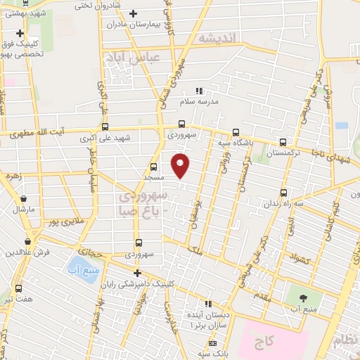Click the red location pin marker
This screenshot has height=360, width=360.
[x=181, y=164]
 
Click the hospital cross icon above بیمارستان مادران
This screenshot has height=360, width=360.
[x=133, y=13]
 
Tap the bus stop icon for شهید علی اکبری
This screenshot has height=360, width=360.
[x=105, y=127]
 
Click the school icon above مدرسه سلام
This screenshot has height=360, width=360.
[x=199, y=91]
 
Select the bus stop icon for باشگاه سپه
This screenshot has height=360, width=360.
[x=236, y=131]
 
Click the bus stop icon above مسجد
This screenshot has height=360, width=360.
[x=153, y=167]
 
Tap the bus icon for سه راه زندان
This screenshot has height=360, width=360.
[x=283, y=193]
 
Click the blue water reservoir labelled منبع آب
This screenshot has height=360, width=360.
[x=75, y=266]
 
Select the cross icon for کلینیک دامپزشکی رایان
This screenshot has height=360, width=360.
[x=138, y=273]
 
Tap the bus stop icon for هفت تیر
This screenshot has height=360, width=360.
[x=18, y=288]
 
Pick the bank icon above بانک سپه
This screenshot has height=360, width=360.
[x=213, y=344]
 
